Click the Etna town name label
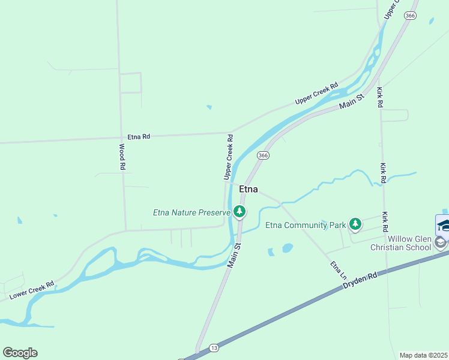click(x=249, y=189)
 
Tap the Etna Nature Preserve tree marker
click(x=240, y=211)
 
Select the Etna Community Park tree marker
click(x=355, y=224)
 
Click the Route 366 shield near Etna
click(x=263, y=155)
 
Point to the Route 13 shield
click(x=214, y=347)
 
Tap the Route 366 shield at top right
click(x=410, y=16)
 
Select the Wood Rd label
click(x=122, y=157)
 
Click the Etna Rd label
click(x=138, y=137)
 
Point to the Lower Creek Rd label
click(x=32, y=291)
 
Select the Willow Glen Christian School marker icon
click(x=441, y=242)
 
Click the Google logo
click(x=20, y=353)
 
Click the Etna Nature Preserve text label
click(x=191, y=212)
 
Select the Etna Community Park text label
click(x=306, y=226)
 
